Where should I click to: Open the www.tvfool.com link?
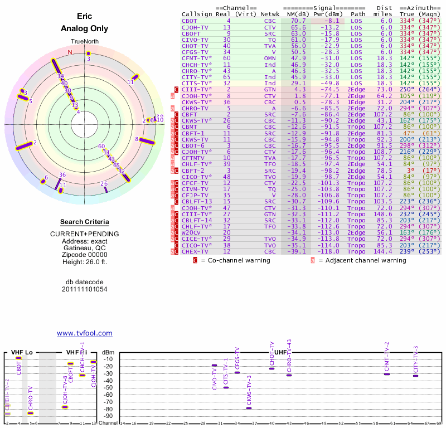[84, 333]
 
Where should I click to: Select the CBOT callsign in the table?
[190, 21]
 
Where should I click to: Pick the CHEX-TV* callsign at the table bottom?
[195, 251]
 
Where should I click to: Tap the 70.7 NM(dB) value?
[297, 21]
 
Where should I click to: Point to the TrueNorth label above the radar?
[84, 42]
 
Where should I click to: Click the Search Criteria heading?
[84, 222]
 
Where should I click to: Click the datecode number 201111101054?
[84, 289]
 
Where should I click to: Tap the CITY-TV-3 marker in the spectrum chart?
[415, 376]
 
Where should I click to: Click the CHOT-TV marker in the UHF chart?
[272, 368]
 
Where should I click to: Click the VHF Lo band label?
[22, 353]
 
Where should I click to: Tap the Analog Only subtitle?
[84, 28]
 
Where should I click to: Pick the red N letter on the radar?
[70, 52]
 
